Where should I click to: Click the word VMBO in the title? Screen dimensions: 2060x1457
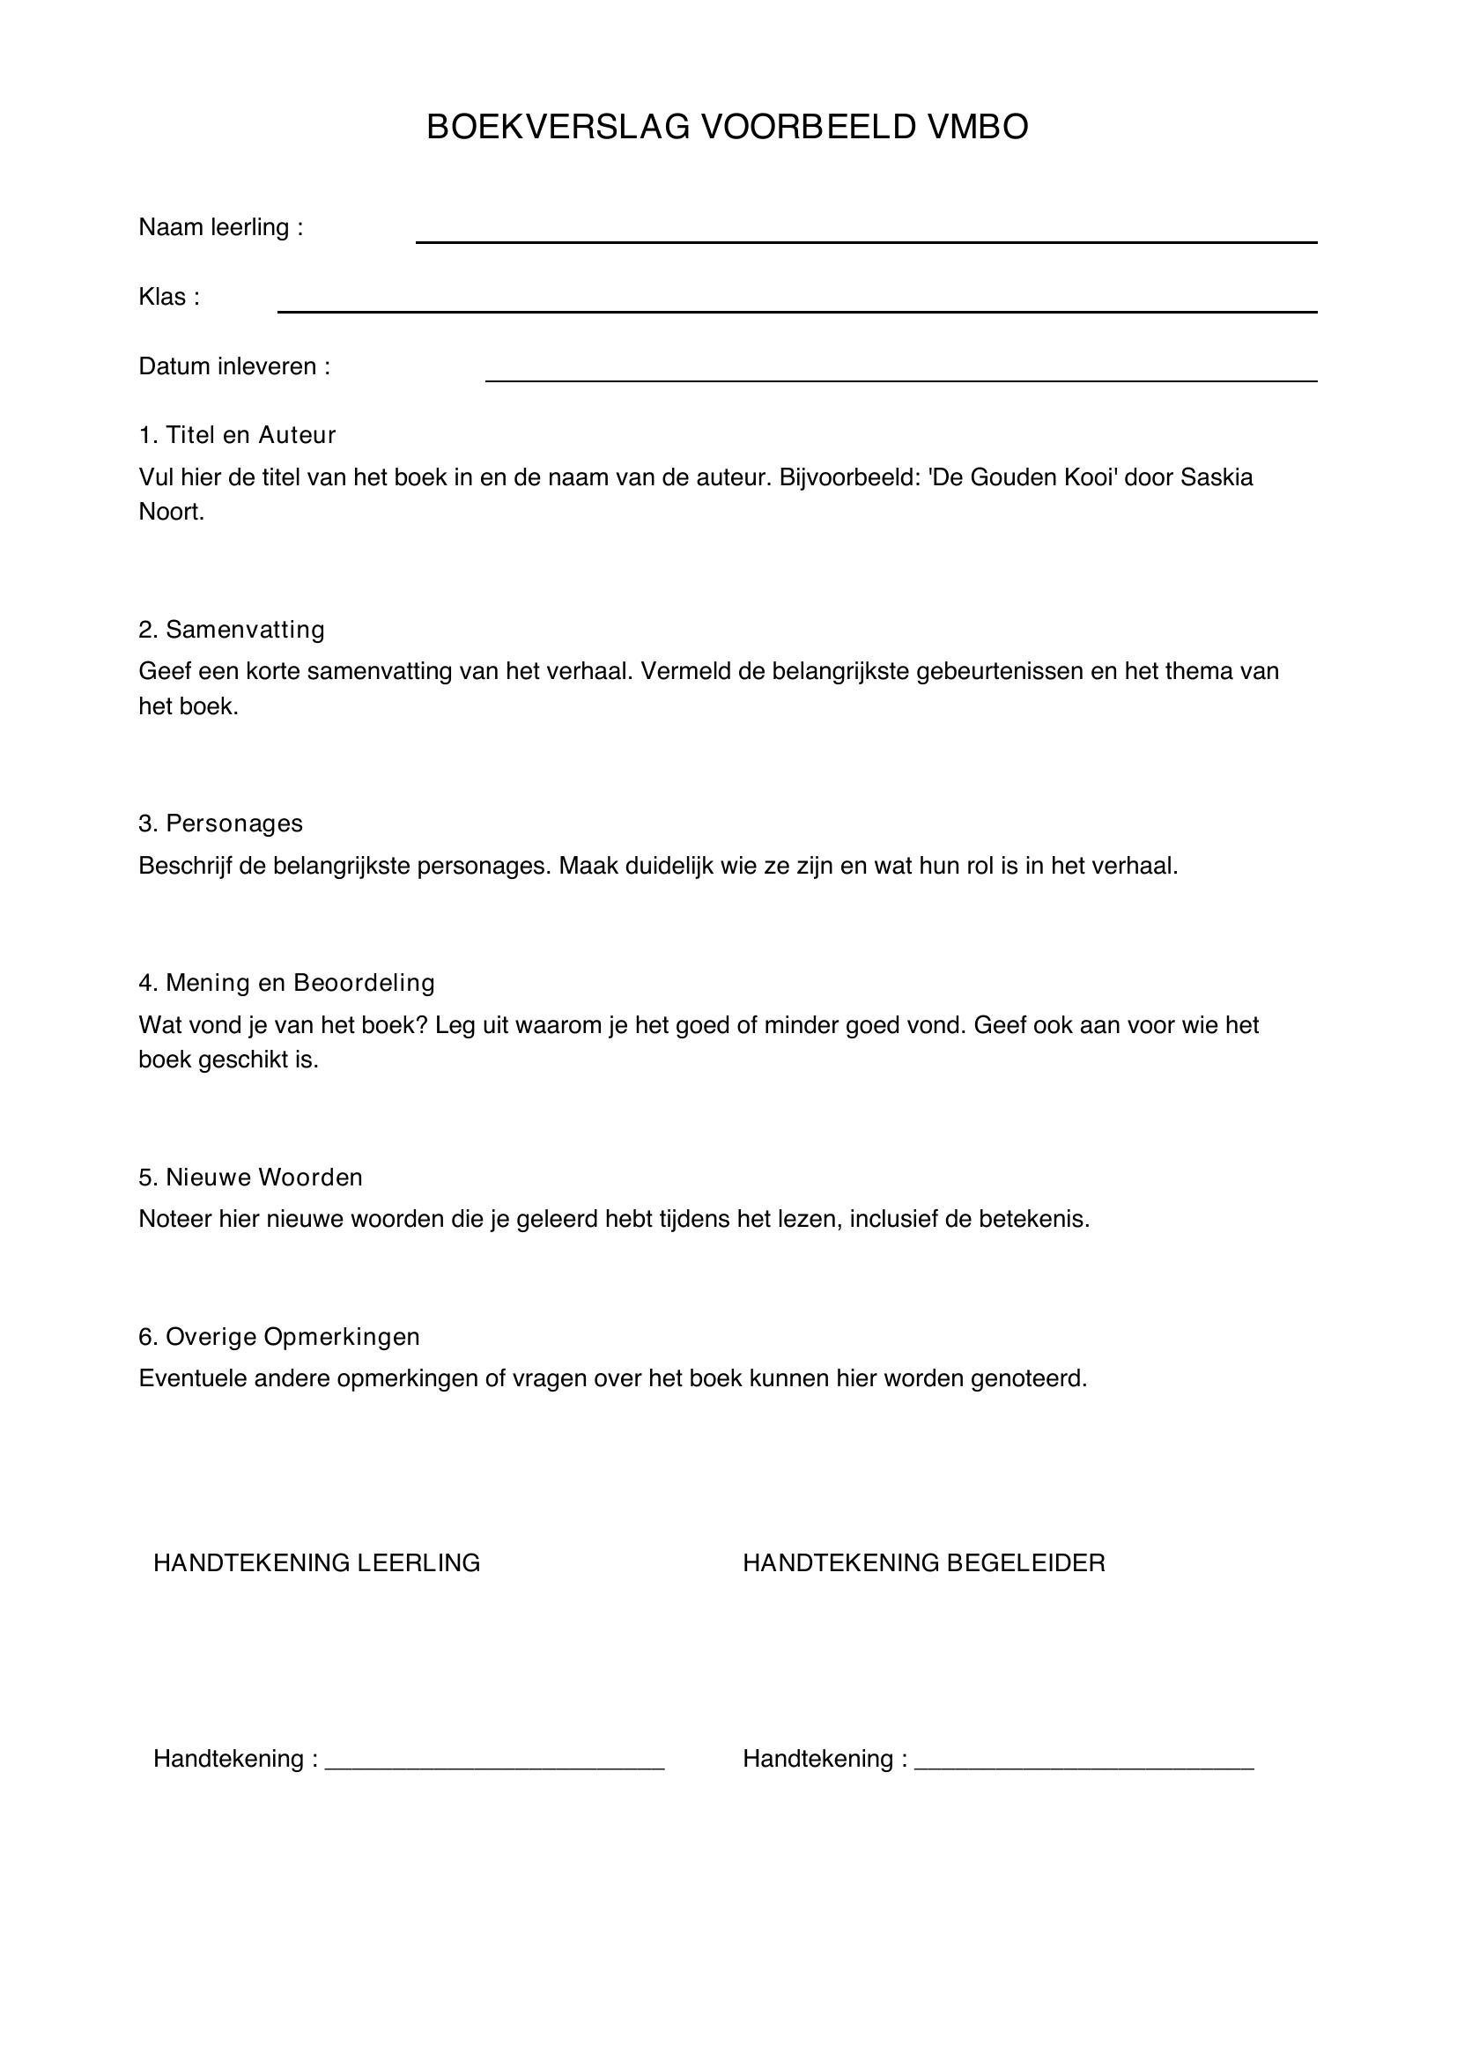pyautogui.click(x=978, y=128)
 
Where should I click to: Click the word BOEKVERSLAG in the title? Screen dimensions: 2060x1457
pyautogui.click(x=557, y=128)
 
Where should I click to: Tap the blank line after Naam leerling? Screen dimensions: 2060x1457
pyautogui.click(x=866, y=240)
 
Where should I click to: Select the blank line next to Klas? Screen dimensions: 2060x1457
pyautogui.click(x=796, y=310)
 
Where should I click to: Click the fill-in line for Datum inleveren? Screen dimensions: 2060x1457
pyautogui.click(x=901, y=380)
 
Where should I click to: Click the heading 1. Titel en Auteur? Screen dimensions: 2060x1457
pyautogui.click(x=237, y=435)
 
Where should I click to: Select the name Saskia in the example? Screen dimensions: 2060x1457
pyautogui.click(x=1217, y=476)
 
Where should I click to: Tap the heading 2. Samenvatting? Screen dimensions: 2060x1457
pyautogui.click(x=232, y=630)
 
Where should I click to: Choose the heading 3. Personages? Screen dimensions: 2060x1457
pyautogui.click(x=221, y=823)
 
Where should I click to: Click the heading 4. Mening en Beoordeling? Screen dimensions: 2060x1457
pyautogui.click(x=286, y=983)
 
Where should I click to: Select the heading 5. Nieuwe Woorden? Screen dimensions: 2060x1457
pyautogui.click(x=250, y=1178)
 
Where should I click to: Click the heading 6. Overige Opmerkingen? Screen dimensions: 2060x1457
pyautogui.click(x=279, y=1337)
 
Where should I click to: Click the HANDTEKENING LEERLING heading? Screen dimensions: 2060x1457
pyautogui.click(x=317, y=1563)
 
